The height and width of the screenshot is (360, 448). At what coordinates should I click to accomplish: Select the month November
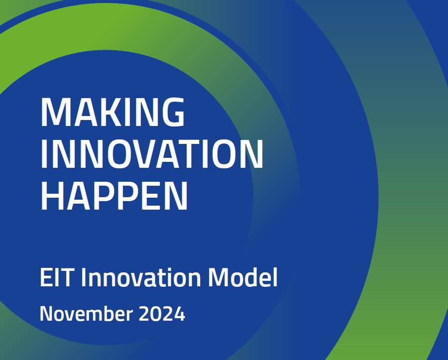click(86, 314)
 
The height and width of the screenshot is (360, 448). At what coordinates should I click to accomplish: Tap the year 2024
click(162, 314)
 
